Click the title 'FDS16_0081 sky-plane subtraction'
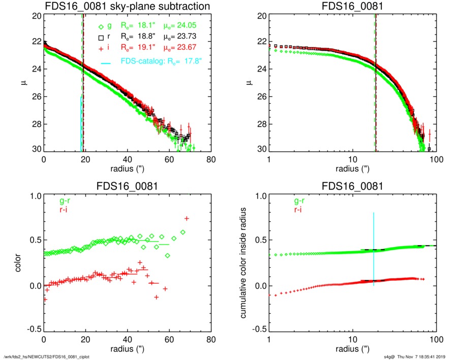pyautogui.click(x=127, y=7)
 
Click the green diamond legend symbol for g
pyautogui.click(x=102, y=26)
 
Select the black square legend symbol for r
pyautogui.click(x=102, y=37)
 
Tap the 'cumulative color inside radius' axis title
pyautogui.click(x=244, y=262)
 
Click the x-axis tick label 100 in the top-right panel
pyautogui.click(x=436, y=160)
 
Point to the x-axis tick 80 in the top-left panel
pyautogui.click(x=211, y=160)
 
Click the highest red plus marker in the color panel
pyautogui.click(x=187, y=219)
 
